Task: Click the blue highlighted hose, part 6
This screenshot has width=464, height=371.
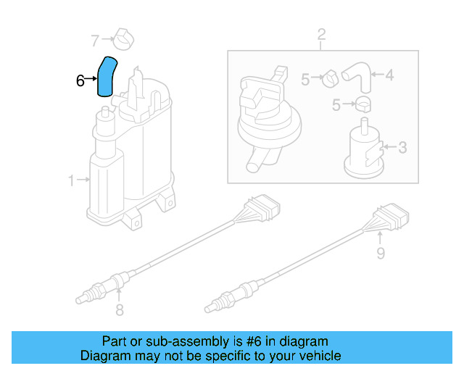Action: (x=107, y=76)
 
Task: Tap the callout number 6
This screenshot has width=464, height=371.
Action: (x=80, y=80)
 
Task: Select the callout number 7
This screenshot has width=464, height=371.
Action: (x=94, y=39)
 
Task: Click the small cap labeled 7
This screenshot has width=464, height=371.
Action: (x=123, y=39)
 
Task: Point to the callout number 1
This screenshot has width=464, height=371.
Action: (x=71, y=180)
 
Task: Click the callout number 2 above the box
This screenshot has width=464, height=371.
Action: (x=321, y=34)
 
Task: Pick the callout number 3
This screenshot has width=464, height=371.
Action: (x=402, y=148)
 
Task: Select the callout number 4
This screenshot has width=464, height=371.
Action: (x=389, y=74)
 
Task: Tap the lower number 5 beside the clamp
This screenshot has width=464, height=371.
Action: (x=336, y=105)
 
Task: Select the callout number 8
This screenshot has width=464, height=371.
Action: (x=120, y=310)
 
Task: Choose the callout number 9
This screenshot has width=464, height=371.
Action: (x=380, y=253)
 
